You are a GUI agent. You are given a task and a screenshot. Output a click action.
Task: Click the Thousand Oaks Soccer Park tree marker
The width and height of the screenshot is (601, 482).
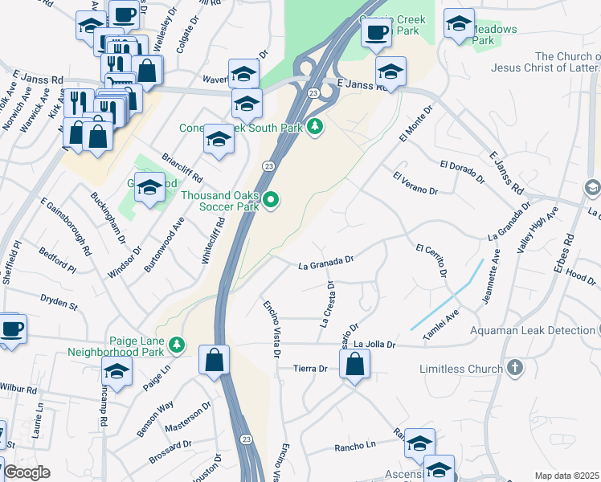(x=272, y=200)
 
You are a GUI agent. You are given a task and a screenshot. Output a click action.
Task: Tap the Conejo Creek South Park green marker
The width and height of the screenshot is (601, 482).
(x=316, y=127)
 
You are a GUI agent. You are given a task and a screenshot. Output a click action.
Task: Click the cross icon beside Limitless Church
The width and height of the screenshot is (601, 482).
(x=516, y=369)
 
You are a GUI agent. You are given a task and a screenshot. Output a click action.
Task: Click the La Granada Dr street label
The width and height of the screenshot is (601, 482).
(x=326, y=262)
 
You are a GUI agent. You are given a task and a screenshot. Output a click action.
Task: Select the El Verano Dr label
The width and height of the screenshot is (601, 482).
(x=415, y=183)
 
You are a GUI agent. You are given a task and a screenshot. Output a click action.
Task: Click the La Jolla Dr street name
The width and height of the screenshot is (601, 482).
(x=375, y=344)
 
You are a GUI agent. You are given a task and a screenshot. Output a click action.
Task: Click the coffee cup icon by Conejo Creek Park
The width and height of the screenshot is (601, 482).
(x=375, y=32)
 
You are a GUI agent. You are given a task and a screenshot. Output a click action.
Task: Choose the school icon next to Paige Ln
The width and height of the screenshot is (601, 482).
(x=117, y=371)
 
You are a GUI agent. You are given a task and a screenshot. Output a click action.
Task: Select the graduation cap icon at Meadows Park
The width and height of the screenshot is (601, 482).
(x=459, y=24)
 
